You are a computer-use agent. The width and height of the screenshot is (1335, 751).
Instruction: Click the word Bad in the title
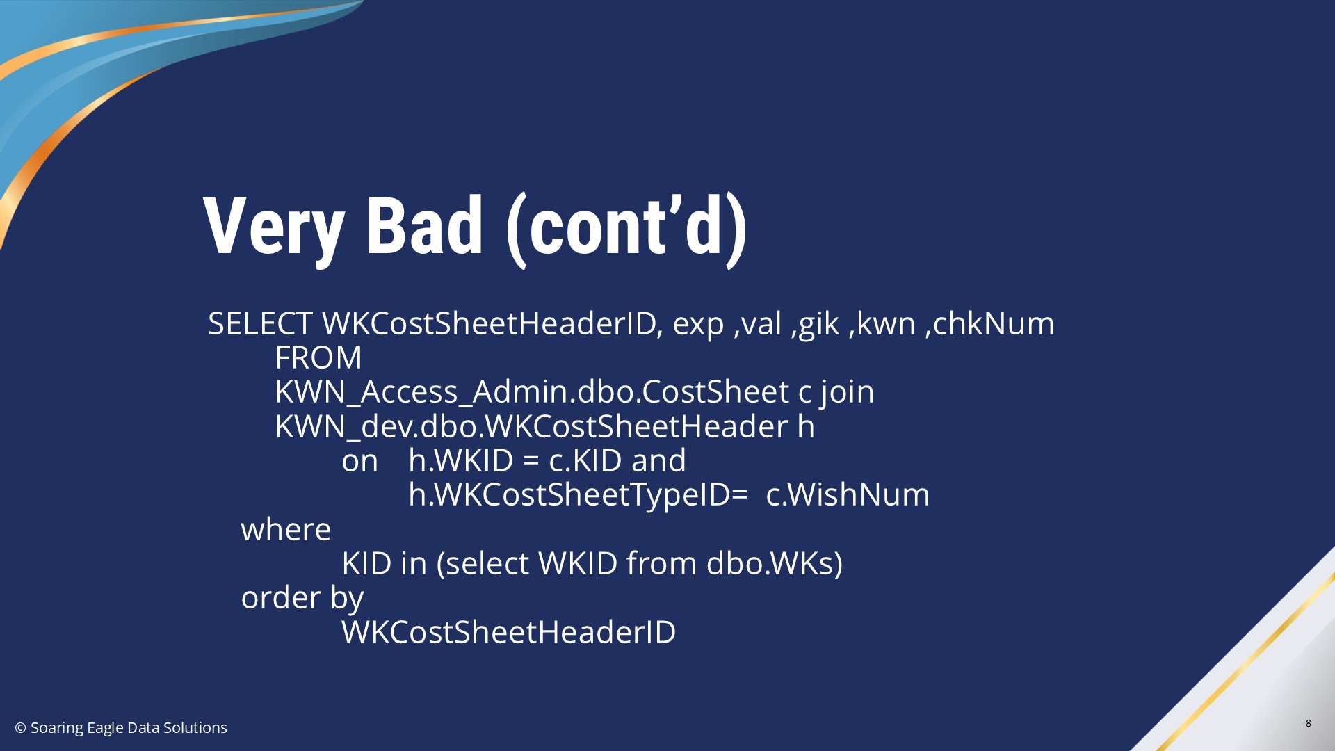click(x=424, y=225)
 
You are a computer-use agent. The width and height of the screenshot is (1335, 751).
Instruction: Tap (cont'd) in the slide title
click(x=626, y=229)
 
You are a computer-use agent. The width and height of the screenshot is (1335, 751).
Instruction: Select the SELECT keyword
click(x=260, y=323)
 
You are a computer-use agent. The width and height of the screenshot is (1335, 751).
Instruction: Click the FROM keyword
click(x=318, y=357)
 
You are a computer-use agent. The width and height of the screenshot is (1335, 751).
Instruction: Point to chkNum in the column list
click(x=994, y=323)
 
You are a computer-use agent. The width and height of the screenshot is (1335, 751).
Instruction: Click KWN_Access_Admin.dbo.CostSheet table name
click(x=532, y=391)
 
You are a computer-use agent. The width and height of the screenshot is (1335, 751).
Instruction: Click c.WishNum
click(x=848, y=494)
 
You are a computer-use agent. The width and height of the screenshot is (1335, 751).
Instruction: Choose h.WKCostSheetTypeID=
click(x=578, y=495)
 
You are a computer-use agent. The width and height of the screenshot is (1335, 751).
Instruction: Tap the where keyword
click(x=286, y=530)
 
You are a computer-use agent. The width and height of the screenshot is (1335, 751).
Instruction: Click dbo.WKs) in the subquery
click(x=775, y=563)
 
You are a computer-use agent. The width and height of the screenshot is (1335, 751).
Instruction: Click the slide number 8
click(x=1308, y=723)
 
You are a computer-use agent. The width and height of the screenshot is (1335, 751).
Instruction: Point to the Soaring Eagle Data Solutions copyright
click(x=121, y=727)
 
